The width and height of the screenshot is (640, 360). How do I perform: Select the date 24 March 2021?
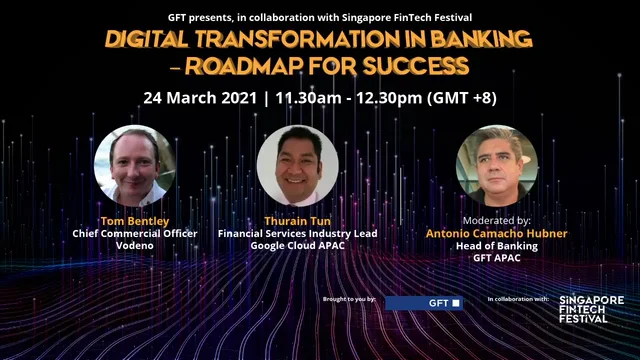(x=197, y=98)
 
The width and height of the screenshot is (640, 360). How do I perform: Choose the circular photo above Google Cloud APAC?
(x=297, y=165)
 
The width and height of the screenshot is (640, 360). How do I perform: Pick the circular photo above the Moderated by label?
(x=497, y=165)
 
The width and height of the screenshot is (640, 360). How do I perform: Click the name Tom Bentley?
(x=133, y=220)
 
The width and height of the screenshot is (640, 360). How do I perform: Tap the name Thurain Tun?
(x=298, y=220)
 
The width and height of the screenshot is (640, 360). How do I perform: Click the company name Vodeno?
(x=133, y=245)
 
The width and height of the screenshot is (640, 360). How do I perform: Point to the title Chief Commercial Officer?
(x=133, y=233)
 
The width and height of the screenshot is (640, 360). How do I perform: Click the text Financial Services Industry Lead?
(x=298, y=233)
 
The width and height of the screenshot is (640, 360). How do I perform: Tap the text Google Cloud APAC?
(x=298, y=245)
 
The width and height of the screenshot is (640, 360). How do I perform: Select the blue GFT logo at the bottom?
(x=424, y=301)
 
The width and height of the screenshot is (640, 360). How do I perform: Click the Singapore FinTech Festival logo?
(x=592, y=308)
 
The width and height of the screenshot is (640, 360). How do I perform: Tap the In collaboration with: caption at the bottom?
(x=519, y=299)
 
